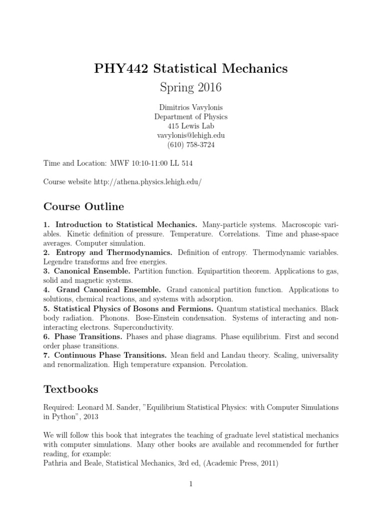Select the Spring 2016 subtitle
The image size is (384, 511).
pos(190,88)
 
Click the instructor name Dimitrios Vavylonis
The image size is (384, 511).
pos(190,107)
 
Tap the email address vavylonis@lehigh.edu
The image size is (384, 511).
pos(190,135)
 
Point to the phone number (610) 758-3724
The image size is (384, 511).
pos(190,145)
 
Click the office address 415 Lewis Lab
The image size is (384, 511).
pos(190,126)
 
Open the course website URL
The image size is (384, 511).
pos(147,182)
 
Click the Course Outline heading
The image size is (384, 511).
pos(83,206)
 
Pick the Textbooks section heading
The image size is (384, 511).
pos(71,389)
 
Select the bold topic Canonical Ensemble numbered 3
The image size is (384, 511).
pos(93,271)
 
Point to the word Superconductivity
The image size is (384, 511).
pos(143,327)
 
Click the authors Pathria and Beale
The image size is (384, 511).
pos(72,464)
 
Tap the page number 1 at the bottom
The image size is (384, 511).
pos(190,484)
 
